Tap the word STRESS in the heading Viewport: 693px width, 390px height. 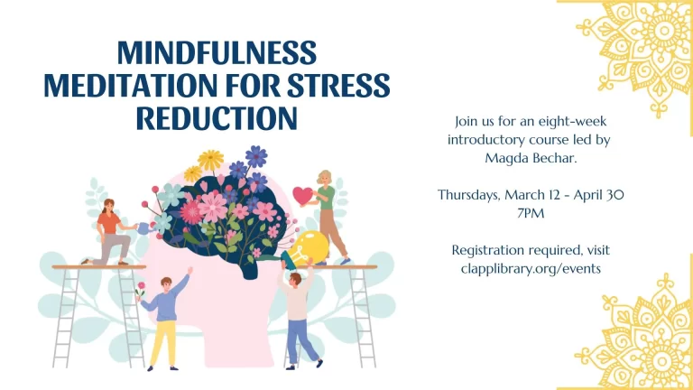(339, 86)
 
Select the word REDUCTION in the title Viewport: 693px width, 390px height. (217, 118)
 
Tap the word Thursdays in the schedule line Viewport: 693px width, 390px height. (472, 195)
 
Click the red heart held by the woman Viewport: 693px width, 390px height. (302, 194)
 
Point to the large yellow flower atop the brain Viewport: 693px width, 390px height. (210, 161)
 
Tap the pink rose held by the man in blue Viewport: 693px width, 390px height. (140, 292)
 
